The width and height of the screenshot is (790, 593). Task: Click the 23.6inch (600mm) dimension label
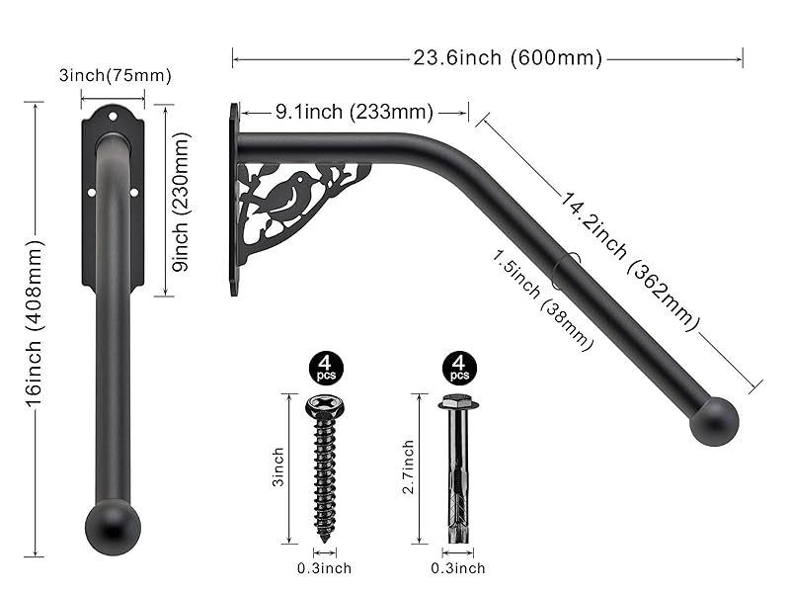(x=508, y=58)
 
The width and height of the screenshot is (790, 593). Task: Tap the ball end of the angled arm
(x=713, y=421)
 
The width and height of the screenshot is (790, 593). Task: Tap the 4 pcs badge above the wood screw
(x=323, y=368)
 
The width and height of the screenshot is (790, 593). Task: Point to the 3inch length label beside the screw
(x=279, y=466)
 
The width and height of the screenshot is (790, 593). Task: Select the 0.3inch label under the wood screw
(x=323, y=568)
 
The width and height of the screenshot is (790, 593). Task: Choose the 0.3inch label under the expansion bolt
(x=458, y=568)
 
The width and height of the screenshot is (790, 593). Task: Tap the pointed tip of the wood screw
(x=324, y=539)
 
